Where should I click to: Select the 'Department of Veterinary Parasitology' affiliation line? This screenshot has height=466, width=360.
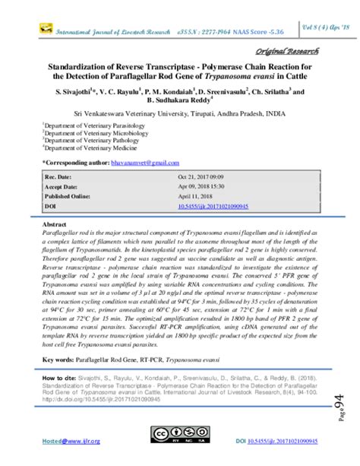coord(92,122)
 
